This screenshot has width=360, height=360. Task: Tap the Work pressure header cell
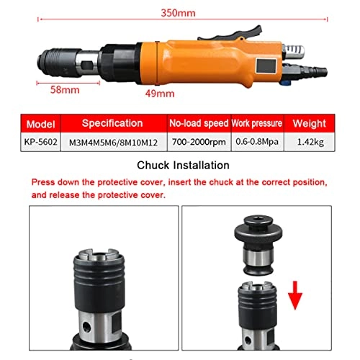click(x=258, y=122)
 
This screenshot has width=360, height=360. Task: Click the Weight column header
click(x=312, y=122)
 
